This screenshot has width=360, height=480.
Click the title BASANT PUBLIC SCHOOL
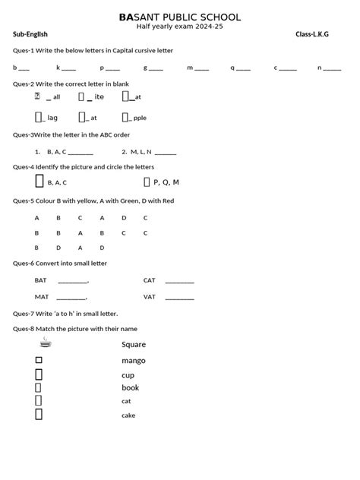[x=180, y=17]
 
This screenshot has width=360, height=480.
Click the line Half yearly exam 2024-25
[x=180, y=27]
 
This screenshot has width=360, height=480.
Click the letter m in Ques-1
[x=189, y=68]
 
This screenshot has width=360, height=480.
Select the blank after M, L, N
[x=165, y=153]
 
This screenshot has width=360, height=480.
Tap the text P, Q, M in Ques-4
[x=166, y=182]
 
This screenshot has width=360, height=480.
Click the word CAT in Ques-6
[x=150, y=280]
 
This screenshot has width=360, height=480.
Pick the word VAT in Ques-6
[x=150, y=297]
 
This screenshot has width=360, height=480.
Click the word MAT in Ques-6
[x=41, y=297]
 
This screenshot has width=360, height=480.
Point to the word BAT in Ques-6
[x=40, y=280]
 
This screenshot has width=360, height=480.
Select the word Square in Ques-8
[x=134, y=345]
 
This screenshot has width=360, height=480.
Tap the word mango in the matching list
[x=134, y=361]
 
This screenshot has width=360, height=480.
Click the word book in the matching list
[x=131, y=388]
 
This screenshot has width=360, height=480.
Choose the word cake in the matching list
[x=128, y=415]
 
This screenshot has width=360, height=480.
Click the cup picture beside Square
[x=46, y=344]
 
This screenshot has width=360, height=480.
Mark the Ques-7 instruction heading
[x=65, y=313]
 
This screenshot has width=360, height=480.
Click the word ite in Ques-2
[x=99, y=97]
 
